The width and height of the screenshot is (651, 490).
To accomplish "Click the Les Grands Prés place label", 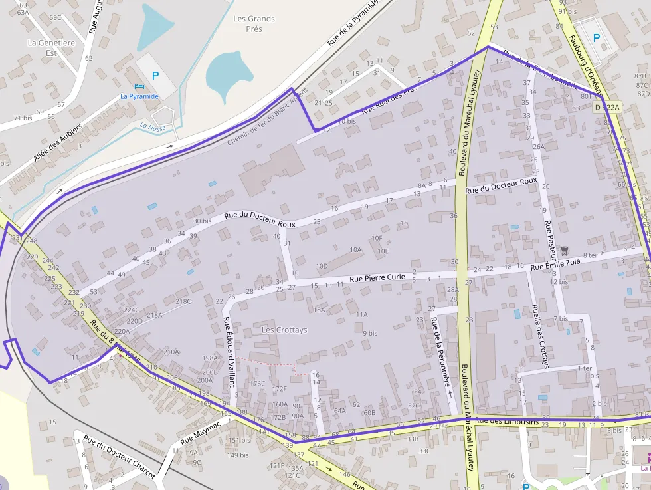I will [253, 24].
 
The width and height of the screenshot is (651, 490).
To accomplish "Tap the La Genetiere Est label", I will [51, 47].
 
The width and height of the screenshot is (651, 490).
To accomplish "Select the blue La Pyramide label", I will [139, 96].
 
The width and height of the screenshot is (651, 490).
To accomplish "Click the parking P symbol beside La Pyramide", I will [155, 76].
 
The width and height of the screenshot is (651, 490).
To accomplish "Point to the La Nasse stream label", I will [152, 127].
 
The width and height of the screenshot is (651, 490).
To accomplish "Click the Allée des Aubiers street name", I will [58, 142].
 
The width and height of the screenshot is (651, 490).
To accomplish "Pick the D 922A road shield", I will [606, 107].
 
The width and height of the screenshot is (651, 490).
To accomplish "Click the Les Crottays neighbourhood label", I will [284, 330].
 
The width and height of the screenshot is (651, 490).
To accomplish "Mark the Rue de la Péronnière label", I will [441, 352].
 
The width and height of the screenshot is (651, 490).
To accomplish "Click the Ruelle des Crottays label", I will [540, 336].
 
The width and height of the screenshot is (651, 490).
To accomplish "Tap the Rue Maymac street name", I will [199, 433].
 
